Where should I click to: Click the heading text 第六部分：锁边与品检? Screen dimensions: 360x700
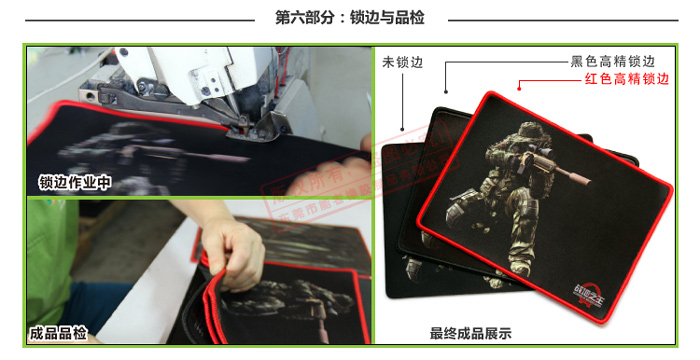(350, 17)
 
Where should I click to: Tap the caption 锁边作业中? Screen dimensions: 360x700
(75, 182)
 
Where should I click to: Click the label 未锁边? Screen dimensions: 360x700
(402, 62)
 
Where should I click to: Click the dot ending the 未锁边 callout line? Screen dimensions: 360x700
(401, 129)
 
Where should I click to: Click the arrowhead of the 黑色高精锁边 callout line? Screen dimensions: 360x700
(447, 96)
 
